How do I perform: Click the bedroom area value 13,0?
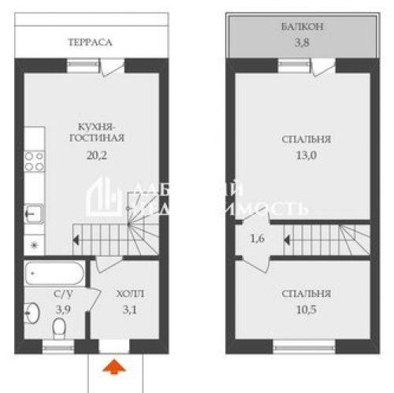coord(306,154)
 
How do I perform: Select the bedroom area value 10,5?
coord(306,310)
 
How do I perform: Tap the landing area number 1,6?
coord(258,235)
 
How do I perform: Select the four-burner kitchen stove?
coord(35,161)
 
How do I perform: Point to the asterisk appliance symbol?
coord(33,244)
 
